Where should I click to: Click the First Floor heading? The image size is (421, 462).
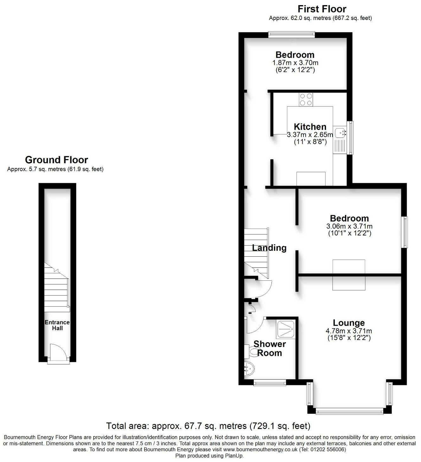point(322,9)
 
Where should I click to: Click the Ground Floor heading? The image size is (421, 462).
point(56,160)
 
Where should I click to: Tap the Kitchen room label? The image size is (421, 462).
point(310,127)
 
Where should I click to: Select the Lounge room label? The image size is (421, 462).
point(349,323)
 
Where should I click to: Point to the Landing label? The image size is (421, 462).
point(269,248)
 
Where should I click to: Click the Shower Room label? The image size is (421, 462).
point(270,349)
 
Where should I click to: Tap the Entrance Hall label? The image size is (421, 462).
point(57,325)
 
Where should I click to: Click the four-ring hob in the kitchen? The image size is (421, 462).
point(306,99)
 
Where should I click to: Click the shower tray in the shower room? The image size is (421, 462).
point(286,329)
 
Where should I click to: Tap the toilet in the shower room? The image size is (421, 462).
point(252,352)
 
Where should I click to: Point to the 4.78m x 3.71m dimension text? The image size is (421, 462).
point(349,331)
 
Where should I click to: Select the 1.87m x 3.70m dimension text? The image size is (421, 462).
point(295,63)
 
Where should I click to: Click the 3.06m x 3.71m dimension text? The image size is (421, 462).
point(349,226)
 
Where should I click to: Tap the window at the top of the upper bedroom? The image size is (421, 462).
point(291,35)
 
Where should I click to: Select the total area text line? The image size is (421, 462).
point(208,426)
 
